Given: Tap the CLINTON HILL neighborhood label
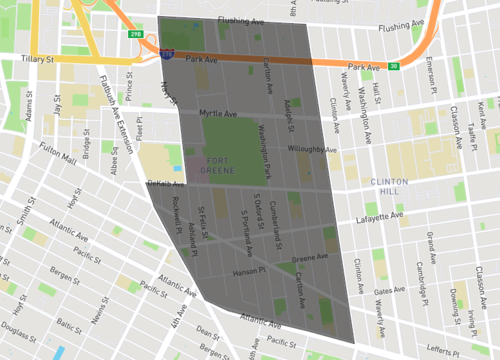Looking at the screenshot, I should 385,185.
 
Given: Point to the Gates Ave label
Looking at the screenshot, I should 389,291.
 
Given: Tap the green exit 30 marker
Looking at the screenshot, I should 394,67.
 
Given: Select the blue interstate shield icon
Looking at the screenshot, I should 164,52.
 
